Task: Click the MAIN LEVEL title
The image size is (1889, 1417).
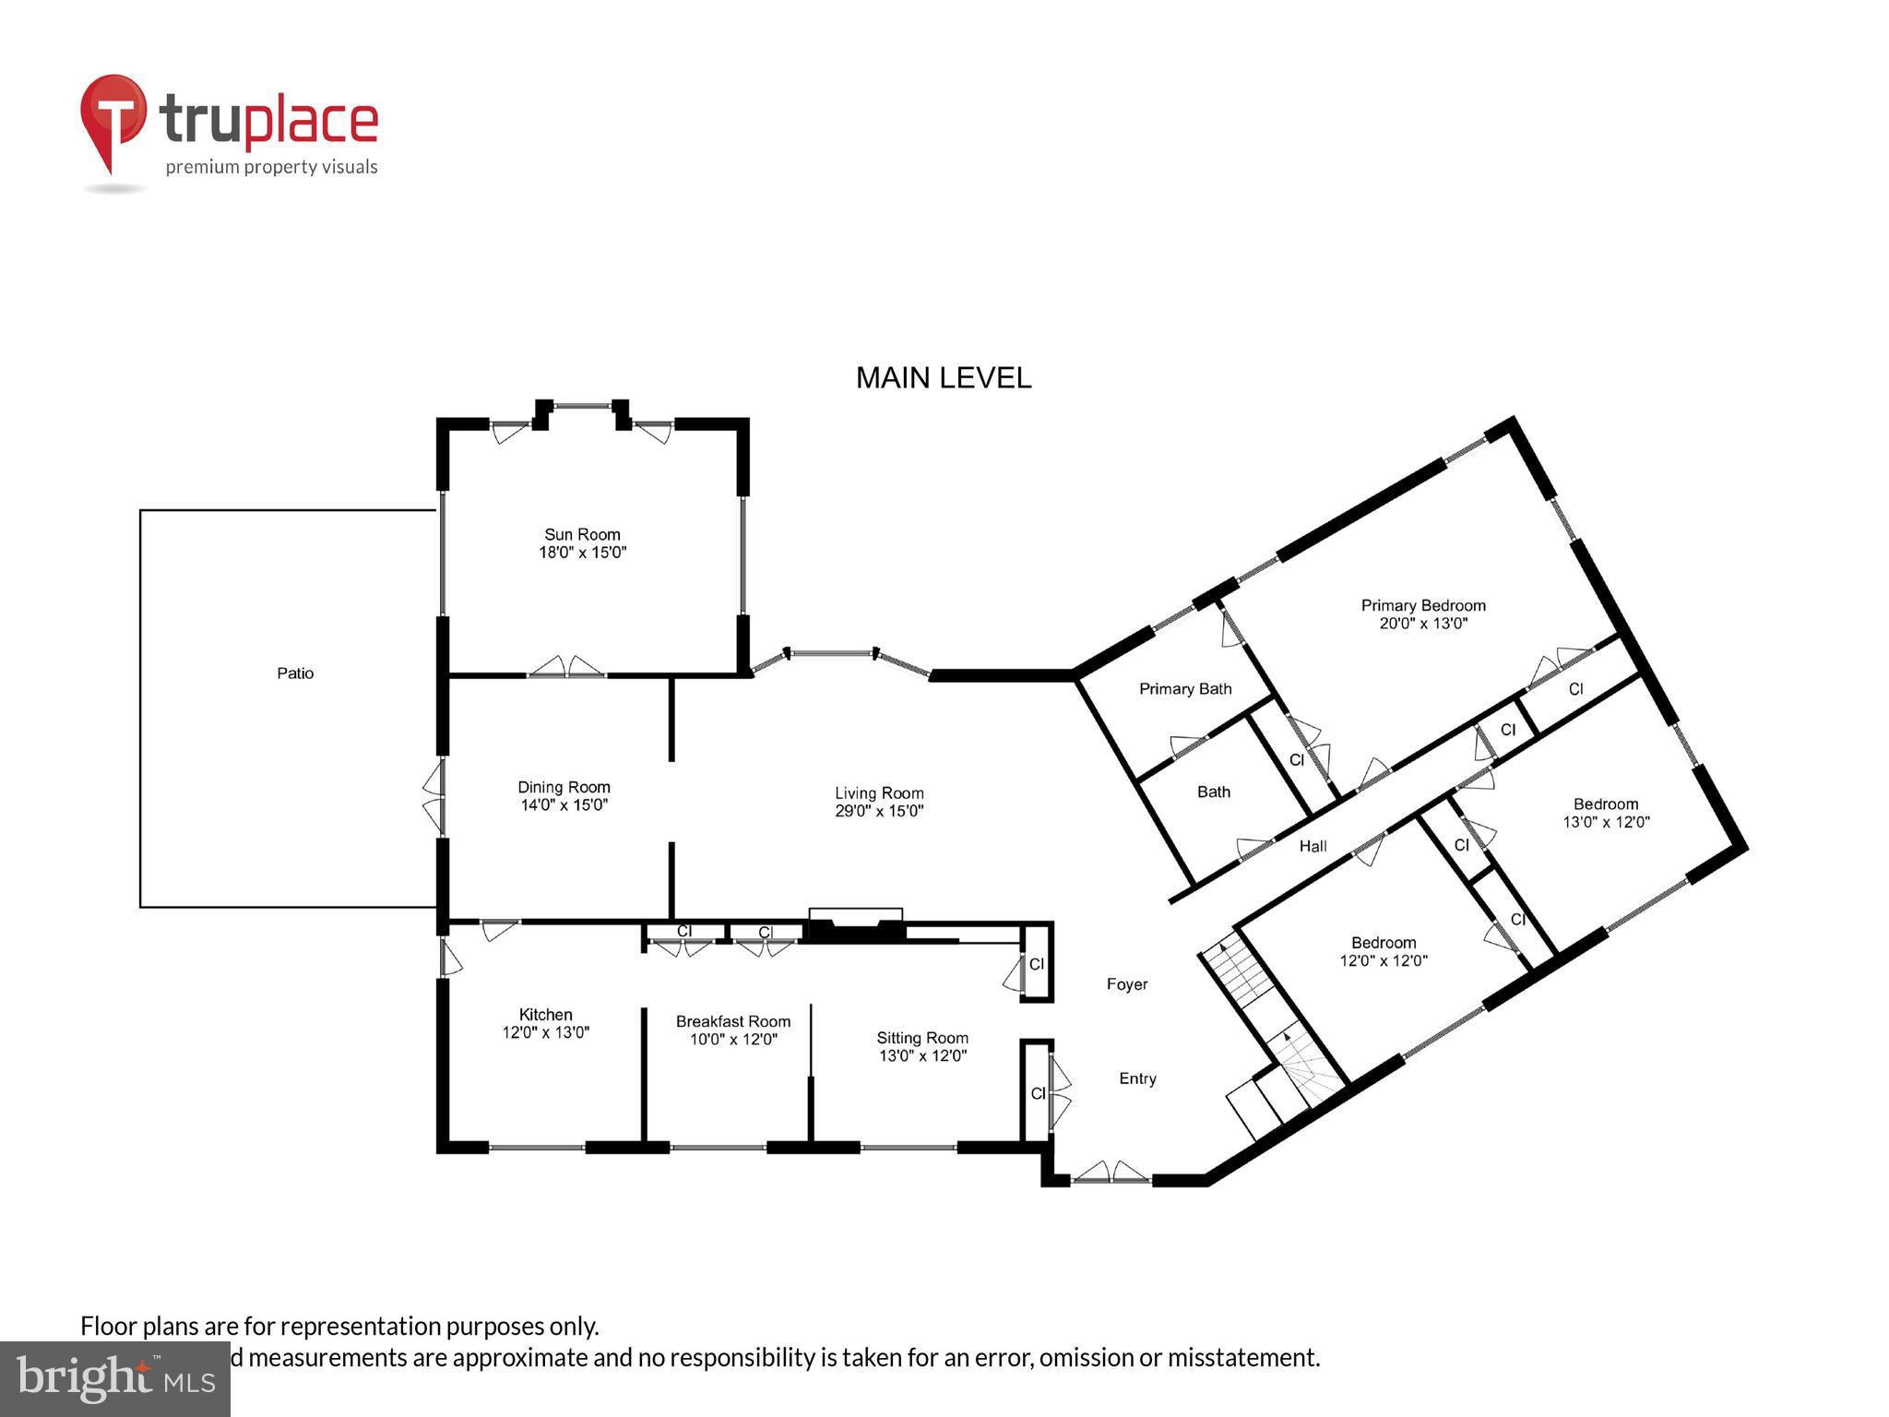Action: [x=943, y=378]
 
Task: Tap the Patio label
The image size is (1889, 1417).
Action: [x=295, y=673]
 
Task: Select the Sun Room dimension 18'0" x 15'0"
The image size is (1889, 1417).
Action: [x=582, y=553]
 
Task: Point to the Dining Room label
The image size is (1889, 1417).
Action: [x=564, y=787]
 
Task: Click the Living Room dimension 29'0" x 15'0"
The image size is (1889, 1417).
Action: [x=879, y=811]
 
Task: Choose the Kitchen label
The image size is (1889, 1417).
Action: [x=545, y=1014]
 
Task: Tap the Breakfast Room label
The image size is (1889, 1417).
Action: [x=733, y=1021]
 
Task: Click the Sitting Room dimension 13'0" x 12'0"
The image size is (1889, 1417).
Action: [x=922, y=1055]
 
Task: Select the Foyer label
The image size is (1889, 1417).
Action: [x=1127, y=984]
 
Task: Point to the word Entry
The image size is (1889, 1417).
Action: [x=1137, y=1078]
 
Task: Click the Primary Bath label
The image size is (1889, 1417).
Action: [x=1185, y=689]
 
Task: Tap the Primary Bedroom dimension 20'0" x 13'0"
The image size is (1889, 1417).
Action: [x=1423, y=624]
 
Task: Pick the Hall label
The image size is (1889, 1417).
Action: [x=1313, y=846]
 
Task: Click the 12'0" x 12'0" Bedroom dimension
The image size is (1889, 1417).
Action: [x=1384, y=960]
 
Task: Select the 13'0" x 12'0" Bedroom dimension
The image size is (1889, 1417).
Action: [x=1606, y=822]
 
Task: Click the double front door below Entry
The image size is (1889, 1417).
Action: [x=1111, y=1175]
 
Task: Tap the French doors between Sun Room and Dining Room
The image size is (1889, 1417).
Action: [x=566, y=670]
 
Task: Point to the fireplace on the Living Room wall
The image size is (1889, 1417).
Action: [x=855, y=926]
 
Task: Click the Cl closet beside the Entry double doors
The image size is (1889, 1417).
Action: [x=1038, y=1093]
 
